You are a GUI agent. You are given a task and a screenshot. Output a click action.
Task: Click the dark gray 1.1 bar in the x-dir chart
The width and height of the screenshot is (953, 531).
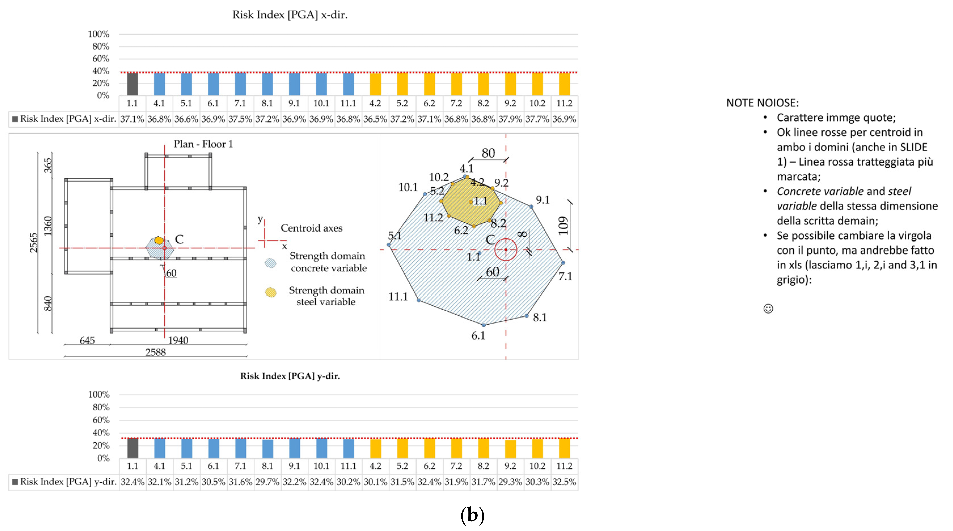(132, 84)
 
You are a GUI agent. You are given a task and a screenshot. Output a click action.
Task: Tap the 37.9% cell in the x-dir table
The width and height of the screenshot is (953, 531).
(510, 119)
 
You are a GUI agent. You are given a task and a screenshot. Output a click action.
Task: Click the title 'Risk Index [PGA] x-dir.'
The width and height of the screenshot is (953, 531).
(290, 15)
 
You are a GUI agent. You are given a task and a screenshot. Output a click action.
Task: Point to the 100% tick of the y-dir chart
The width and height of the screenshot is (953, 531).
(99, 395)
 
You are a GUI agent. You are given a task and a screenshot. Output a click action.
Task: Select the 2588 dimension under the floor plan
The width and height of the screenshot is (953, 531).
(155, 352)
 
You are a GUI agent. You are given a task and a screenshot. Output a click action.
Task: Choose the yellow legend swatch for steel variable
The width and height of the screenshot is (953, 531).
(271, 293)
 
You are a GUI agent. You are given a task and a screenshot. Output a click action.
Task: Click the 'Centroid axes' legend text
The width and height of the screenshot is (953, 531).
(312, 228)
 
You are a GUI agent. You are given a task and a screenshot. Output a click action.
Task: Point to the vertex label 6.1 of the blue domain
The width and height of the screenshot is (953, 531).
(478, 336)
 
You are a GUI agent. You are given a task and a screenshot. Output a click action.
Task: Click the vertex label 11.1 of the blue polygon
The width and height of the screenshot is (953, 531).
(398, 297)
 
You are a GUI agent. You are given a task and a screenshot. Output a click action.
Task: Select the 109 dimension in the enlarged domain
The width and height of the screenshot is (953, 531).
(563, 226)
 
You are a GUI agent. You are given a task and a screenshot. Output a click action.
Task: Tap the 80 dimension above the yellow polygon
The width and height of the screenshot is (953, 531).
(488, 153)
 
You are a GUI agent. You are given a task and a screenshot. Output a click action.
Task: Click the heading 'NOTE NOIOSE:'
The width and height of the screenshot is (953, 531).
(762, 103)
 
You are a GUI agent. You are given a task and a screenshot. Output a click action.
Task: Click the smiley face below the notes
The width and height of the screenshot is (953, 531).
(768, 308)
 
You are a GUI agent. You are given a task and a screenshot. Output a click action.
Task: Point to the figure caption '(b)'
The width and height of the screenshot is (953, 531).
(472, 515)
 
